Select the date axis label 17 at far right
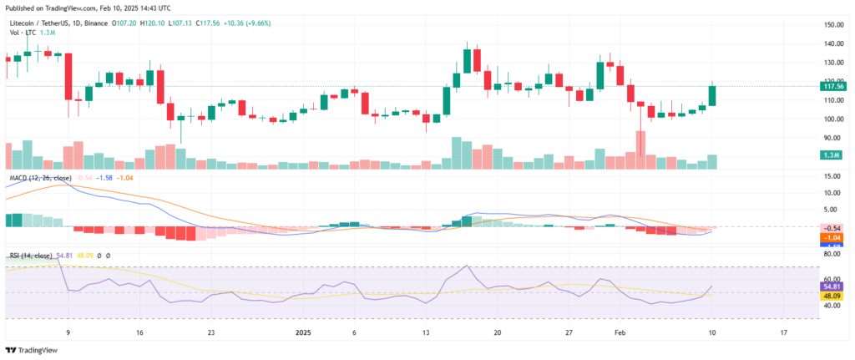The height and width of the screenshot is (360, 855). tap(782, 332)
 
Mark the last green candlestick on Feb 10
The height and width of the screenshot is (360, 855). tap(712, 94)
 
